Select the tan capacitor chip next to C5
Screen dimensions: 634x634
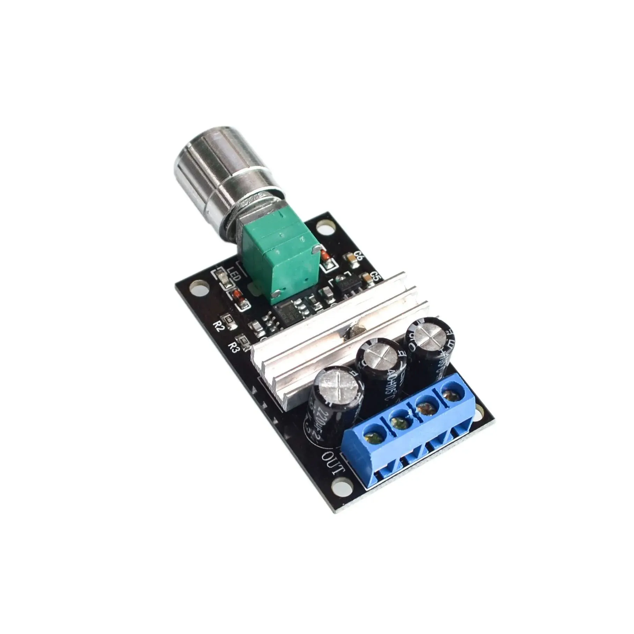click(x=367, y=278)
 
